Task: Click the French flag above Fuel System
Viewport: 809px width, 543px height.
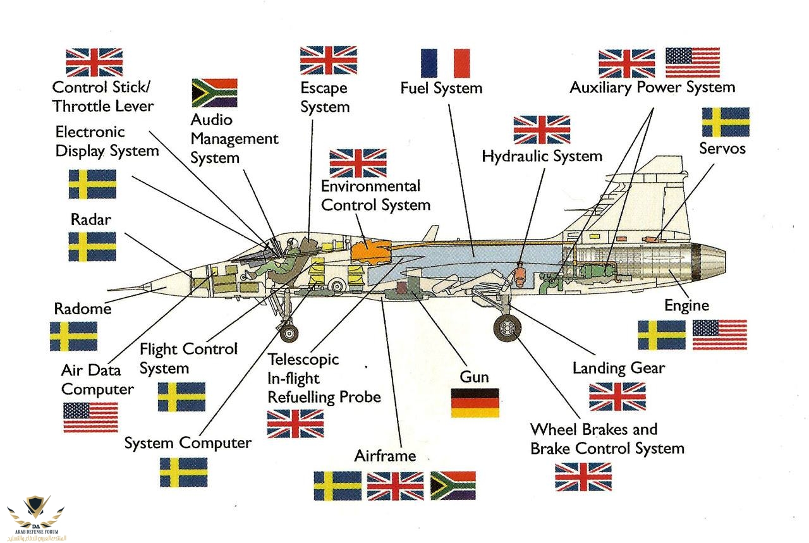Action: (x=445, y=63)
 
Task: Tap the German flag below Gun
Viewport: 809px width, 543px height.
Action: (x=475, y=403)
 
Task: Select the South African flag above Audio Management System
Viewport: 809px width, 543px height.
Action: (x=214, y=92)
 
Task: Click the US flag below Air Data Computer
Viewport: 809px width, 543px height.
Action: (x=90, y=417)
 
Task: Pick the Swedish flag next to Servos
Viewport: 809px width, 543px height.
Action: (x=726, y=122)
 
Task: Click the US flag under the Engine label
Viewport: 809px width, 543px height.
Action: (x=719, y=334)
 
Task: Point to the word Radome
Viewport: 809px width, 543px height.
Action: (x=82, y=309)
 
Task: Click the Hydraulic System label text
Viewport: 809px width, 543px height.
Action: (x=542, y=156)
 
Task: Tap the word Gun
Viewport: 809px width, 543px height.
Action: (x=474, y=377)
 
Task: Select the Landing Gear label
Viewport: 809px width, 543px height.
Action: (x=618, y=367)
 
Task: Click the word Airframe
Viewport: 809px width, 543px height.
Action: (x=385, y=456)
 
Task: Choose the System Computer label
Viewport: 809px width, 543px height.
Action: (x=188, y=443)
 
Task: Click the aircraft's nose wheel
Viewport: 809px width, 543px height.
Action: (x=289, y=332)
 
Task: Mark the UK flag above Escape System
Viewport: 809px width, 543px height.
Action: (x=328, y=61)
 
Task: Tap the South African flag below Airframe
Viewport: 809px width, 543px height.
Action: (x=453, y=485)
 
